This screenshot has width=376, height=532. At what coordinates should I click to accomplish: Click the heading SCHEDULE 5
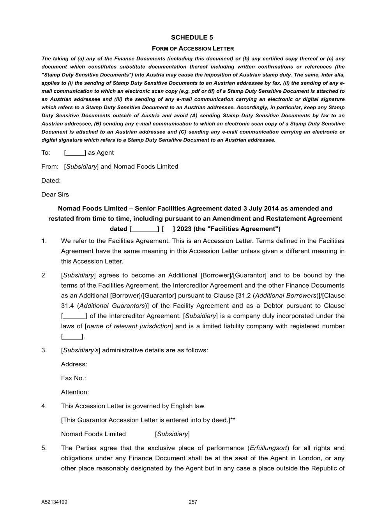[x=192, y=37]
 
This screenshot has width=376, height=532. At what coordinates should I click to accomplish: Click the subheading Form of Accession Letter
[x=193, y=49]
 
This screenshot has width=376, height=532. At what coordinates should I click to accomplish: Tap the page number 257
[x=193, y=502]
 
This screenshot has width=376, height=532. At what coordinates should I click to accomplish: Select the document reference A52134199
[x=54, y=502]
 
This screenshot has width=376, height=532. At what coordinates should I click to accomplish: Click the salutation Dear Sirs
[x=55, y=194]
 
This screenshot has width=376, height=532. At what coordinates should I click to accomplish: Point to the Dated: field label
[x=51, y=180]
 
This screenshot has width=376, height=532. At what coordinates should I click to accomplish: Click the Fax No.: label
[x=73, y=378]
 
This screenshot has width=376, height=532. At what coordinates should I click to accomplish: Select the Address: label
[x=74, y=364]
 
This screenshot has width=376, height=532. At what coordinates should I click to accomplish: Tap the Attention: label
[x=75, y=392]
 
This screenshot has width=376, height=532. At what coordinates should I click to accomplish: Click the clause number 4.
[x=44, y=406]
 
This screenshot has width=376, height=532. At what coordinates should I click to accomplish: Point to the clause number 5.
[x=44, y=448]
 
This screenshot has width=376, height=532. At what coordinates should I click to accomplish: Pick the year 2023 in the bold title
[x=184, y=229]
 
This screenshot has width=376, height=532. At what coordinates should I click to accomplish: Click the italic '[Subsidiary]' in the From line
[x=81, y=167]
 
